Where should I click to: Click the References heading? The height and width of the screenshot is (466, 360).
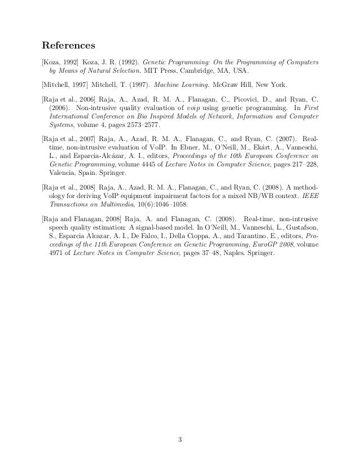69,45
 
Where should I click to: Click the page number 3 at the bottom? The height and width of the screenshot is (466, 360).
179,440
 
